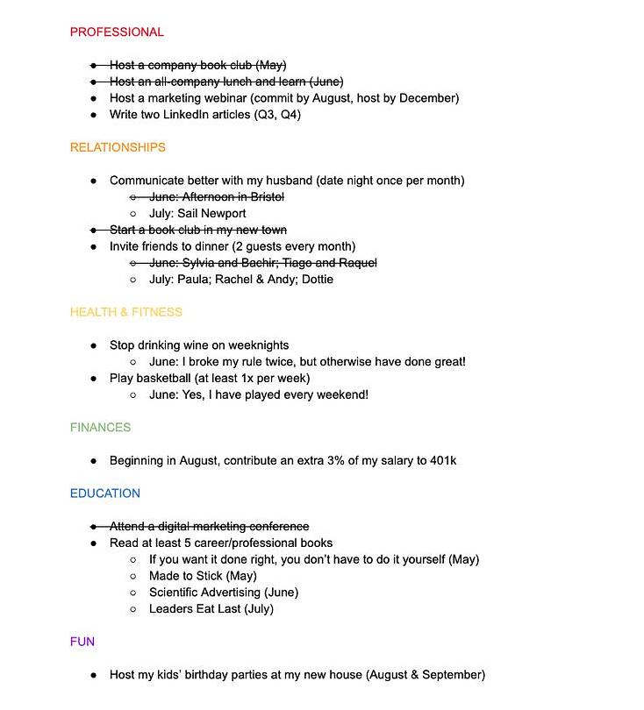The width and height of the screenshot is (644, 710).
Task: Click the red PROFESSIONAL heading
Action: tap(117, 32)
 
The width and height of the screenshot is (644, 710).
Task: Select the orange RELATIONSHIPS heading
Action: tap(118, 147)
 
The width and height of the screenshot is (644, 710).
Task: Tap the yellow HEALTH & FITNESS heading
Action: tap(126, 312)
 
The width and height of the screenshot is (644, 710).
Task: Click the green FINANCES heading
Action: tap(100, 428)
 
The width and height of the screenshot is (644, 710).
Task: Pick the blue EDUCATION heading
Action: tap(105, 493)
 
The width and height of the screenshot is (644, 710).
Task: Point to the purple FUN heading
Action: tap(82, 642)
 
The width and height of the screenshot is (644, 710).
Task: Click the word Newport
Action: tap(224, 214)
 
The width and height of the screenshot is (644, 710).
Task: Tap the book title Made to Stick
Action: tap(185, 576)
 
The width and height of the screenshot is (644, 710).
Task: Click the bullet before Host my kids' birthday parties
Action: tap(94, 675)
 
